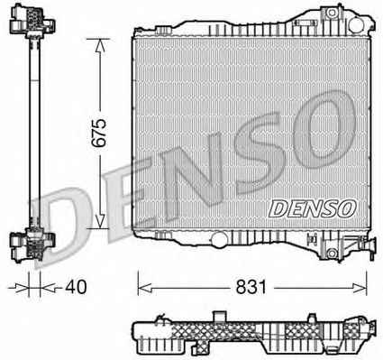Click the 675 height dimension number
pyautogui.click(x=99, y=133)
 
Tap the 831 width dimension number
pyautogui.click(x=251, y=287)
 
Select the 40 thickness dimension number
pyautogui.click(x=76, y=287)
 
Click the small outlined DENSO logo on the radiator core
pyautogui.click(x=313, y=208)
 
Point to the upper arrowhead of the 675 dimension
pyautogui.click(x=100, y=45)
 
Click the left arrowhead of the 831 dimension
pyautogui.click(x=145, y=289)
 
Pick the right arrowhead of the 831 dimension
pyautogui.click(x=360, y=289)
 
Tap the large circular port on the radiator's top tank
pyautogui.click(x=357, y=25)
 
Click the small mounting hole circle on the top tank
pyautogui.click(x=332, y=14)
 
